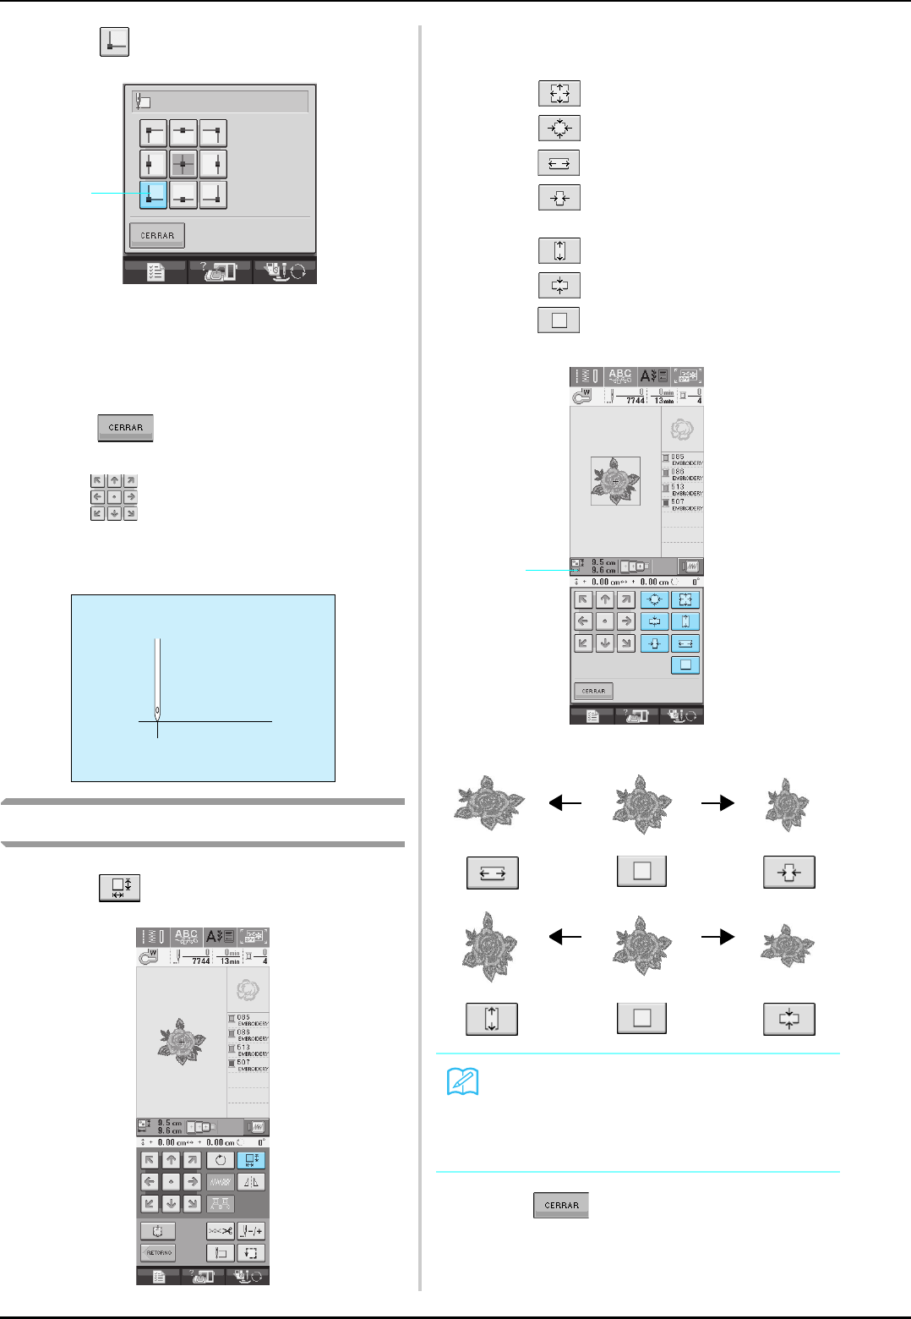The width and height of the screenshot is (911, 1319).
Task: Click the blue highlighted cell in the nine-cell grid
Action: click(153, 194)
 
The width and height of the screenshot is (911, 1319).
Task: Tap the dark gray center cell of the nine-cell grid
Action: click(183, 163)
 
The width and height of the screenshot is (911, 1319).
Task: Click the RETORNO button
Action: click(158, 1252)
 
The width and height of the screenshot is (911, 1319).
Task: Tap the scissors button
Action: click(220, 1231)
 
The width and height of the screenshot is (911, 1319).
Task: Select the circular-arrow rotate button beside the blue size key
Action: click(220, 1160)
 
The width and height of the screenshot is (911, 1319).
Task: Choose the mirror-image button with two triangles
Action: click(251, 1182)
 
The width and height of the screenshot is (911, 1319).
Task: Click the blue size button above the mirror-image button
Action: click(251, 1160)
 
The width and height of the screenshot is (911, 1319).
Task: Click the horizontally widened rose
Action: click(490, 802)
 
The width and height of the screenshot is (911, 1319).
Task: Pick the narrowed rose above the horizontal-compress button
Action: click(788, 804)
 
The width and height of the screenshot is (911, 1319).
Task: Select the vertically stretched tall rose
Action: click(490, 945)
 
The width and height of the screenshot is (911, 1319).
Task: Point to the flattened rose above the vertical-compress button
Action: click(788, 945)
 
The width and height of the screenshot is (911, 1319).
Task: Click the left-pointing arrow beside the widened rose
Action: click(565, 803)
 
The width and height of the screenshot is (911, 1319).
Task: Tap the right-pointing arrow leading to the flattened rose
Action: click(717, 937)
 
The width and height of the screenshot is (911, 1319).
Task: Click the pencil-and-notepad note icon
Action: click(462, 1081)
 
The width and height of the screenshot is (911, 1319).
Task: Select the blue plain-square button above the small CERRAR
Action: click(685, 665)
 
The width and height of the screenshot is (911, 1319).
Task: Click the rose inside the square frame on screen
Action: click(615, 480)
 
